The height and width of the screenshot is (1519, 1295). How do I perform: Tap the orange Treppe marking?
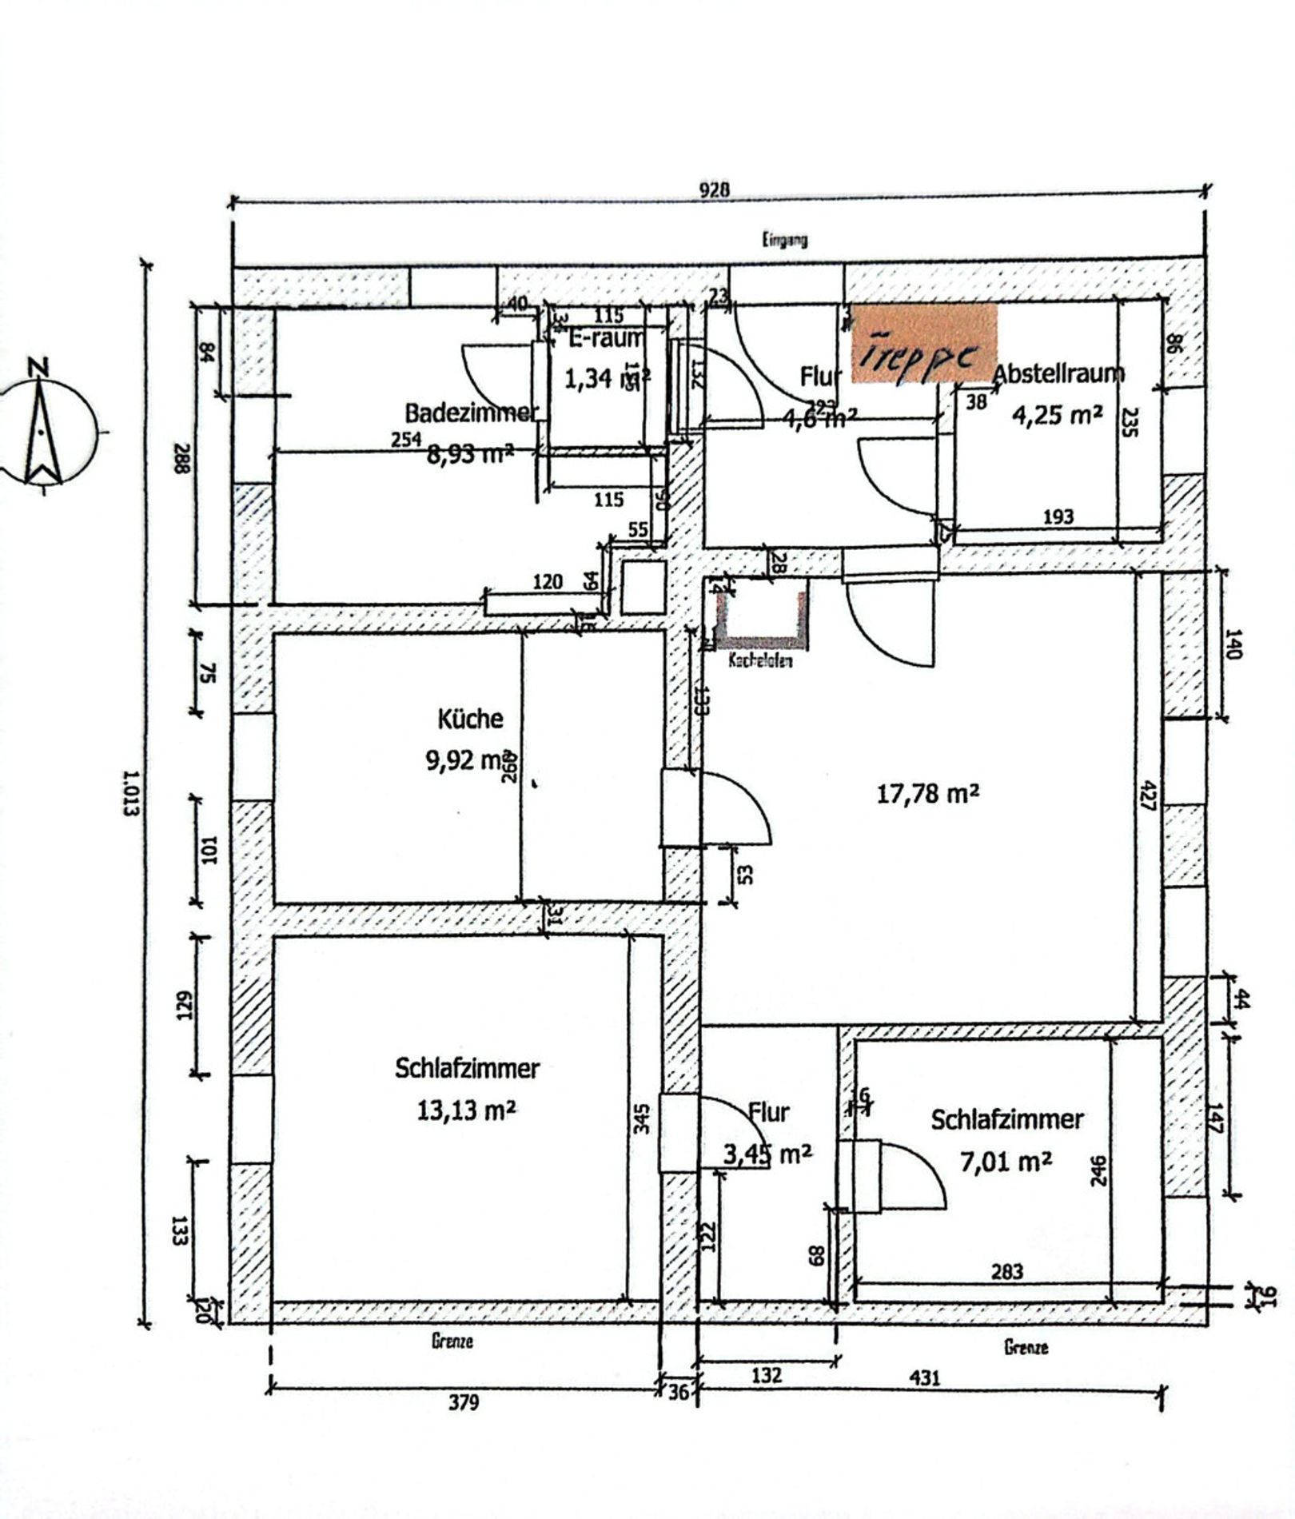pos(923,343)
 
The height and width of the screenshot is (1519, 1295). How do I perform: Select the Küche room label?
pos(470,719)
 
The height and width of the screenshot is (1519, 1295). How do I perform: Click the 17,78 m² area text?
pos(928,794)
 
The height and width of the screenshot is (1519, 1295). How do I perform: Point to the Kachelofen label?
pos(760,661)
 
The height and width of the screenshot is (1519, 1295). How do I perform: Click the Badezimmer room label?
pos(471,413)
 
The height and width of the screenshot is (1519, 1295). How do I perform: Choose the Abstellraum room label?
pos(1058,373)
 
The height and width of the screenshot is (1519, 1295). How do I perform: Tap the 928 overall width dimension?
pos(715,189)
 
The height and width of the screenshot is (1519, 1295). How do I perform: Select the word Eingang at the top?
pos(784,238)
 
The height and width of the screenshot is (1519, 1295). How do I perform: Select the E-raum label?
pos(605,339)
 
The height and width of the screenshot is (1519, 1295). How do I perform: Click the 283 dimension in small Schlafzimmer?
pos(1006,1270)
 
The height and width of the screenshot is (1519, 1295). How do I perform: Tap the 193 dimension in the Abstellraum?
pos(1058,516)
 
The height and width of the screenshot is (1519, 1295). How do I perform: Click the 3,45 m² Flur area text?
pos(767,1153)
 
